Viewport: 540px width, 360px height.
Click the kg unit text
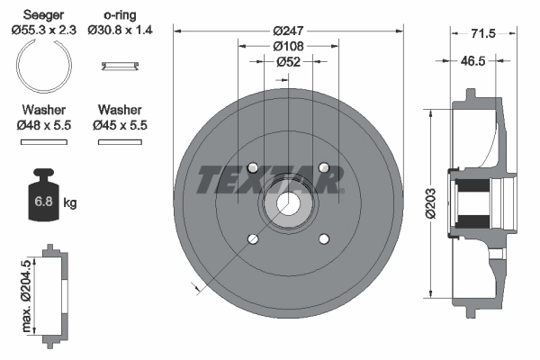pyautogui.click(x=70, y=203)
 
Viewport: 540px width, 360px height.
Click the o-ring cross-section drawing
pyautogui.click(x=119, y=65)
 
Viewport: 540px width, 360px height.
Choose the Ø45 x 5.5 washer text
pyautogui.click(x=120, y=125)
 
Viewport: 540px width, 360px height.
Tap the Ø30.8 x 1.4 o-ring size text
pyautogui.click(x=120, y=29)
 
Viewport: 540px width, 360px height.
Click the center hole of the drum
pyautogui.click(x=287, y=204)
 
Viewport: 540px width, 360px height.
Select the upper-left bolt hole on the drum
pyautogui.click(x=252, y=167)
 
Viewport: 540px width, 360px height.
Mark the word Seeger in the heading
pyautogui.click(x=43, y=14)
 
